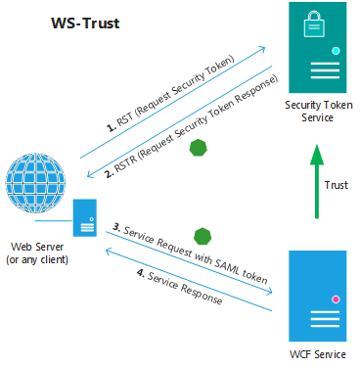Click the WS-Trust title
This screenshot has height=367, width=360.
click(x=85, y=23)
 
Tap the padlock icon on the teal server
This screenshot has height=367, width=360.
click(x=314, y=23)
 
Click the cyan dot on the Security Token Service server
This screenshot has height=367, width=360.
click(x=336, y=51)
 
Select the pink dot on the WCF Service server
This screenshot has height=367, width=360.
click(x=336, y=299)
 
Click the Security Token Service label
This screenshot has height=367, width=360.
click(x=318, y=111)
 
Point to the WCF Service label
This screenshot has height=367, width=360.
click(x=318, y=354)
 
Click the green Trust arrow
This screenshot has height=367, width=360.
click(x=317, y=181)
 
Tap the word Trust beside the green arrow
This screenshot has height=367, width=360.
click(x=337, y=185)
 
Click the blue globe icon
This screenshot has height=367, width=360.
click(x=35, y=183)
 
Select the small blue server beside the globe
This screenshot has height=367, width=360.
click(x=85, y=217)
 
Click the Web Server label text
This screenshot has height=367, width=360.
click(x=37, y=247)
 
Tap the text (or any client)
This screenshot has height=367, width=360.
click(x=37, y=259)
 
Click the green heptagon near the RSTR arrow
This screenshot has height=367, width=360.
click(x=199, y=148)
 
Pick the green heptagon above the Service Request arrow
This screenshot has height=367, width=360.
click(x=202, y=237)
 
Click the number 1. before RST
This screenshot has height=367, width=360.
click(x=112, y=127)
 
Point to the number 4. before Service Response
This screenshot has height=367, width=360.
click(x=141, y=272)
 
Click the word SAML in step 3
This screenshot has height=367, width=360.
click(x=227, y=266)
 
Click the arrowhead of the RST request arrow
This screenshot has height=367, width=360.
click(x=262, y=49)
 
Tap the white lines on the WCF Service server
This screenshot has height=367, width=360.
click(x=325, y=319)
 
